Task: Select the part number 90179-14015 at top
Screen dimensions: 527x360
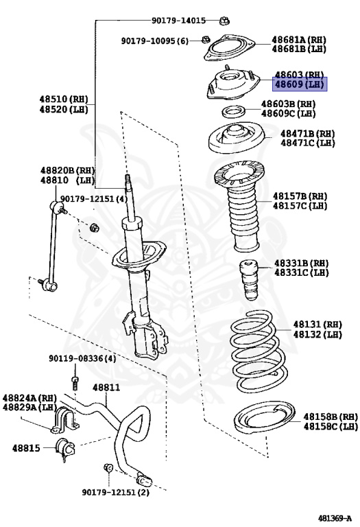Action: (178, 21)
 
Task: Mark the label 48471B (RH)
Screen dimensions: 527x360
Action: (307, 134)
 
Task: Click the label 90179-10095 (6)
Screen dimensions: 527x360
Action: (155, 41)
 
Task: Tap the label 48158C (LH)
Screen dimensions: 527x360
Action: (331, 426)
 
